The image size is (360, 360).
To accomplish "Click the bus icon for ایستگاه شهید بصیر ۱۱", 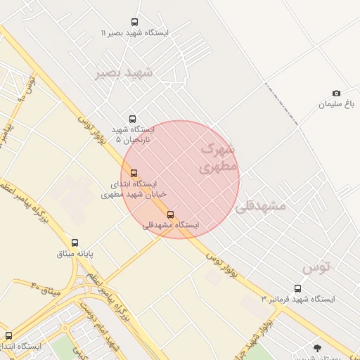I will (x=134, y=22).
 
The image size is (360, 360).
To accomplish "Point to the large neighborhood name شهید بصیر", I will (x=124, y=72).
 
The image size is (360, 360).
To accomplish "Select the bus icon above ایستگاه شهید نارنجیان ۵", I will (x=132, y=119).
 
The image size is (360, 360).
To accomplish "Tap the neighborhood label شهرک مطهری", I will (x=217, y=158).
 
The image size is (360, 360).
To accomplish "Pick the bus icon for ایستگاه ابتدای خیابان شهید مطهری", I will (x=134, y=173).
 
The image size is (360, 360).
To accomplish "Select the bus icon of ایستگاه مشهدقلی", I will (x=170, y=214).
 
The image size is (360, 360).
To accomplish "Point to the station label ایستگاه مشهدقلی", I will (x=171, y=225).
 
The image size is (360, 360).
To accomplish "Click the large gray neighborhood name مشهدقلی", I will (x=261, y=206).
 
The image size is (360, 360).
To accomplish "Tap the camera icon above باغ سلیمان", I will (x=336, y=94).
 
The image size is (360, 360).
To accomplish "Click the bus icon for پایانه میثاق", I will (x=75, y=243).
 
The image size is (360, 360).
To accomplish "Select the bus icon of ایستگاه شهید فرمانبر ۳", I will (x=297, y=288).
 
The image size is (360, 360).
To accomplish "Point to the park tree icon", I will (x=318, y=348).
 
